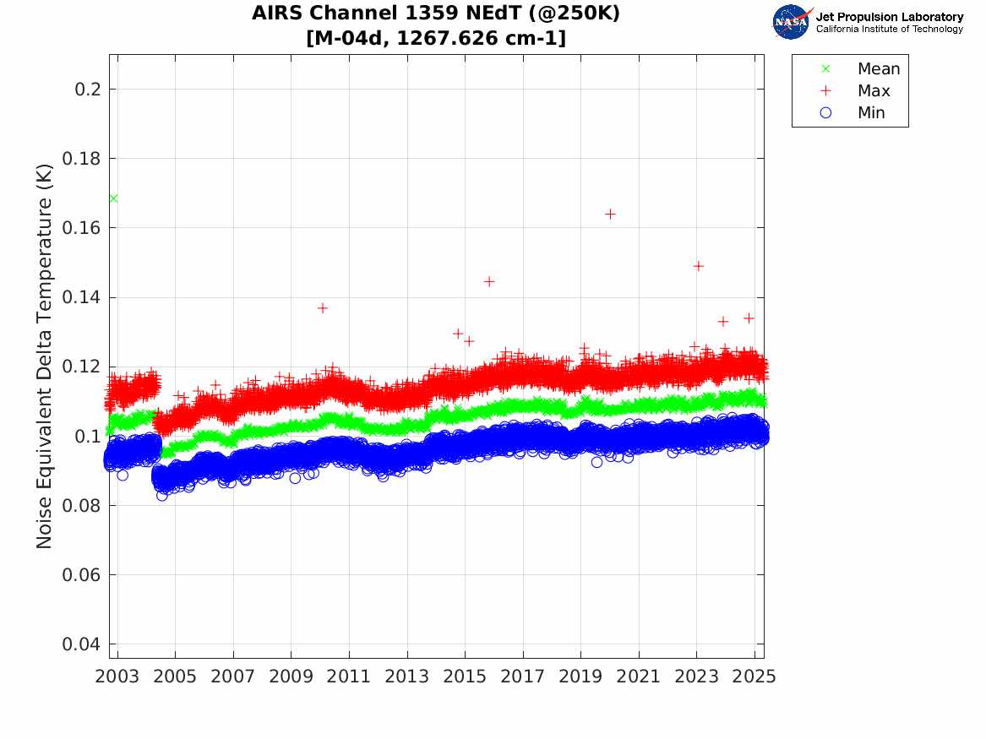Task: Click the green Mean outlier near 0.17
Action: [113, 198]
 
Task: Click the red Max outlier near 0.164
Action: [610, 214]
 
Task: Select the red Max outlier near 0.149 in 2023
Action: [698, 266]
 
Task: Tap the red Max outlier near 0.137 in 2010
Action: [322, 308]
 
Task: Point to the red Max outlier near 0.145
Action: [488, 281]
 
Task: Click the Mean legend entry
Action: [878, 69]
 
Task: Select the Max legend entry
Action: [873, 91]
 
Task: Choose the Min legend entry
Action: [871, 113]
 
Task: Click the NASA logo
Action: [792, 22]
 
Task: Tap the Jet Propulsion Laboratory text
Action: [889, 17]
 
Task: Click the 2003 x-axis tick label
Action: [117, 677]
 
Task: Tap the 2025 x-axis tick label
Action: [755, 677]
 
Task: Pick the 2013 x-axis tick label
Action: [407, 677]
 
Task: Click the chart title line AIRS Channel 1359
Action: [436, 14]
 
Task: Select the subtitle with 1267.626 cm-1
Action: [436, 38]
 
